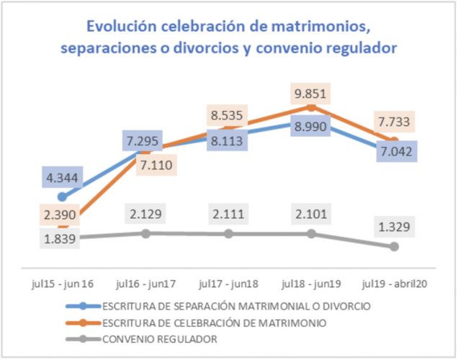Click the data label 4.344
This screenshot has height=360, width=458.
click(63, 176)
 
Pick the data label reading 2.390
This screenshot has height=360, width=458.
click(63, 214)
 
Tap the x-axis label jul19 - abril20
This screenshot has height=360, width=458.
click(394, 283)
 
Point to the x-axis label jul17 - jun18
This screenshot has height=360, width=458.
click(228, 283)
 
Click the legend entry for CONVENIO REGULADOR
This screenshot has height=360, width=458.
click(160, 338)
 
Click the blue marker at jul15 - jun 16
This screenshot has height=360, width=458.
click(63, 197)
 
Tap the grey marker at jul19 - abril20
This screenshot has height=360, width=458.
click(394, 246)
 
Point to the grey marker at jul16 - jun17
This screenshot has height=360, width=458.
click(145, 233)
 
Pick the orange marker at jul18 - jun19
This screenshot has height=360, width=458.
click(311, 106)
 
